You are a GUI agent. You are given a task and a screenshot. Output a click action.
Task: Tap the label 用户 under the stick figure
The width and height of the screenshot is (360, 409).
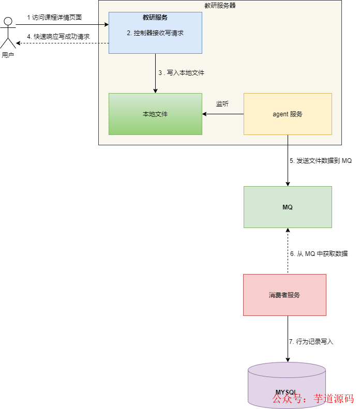tap(8, 55)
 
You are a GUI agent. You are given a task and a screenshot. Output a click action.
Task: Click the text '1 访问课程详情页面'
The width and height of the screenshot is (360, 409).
tap(54, 17)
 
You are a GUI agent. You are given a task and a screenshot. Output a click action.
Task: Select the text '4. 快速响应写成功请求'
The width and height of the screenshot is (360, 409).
tap(58, 37)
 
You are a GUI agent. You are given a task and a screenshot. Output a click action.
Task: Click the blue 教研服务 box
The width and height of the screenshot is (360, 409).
tap(155, 44)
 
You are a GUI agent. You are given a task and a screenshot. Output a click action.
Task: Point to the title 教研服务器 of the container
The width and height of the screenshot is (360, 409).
tap(220, 6)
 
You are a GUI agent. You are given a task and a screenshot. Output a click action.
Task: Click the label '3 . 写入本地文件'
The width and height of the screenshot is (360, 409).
tap(181, 73)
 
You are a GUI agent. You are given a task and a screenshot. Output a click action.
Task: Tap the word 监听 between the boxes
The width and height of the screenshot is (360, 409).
tap(222, 104)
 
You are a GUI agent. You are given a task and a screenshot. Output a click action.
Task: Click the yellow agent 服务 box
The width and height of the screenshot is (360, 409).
tap(288, 114)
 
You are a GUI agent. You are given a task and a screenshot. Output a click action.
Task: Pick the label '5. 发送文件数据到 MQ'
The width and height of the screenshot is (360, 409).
tap(321, 161)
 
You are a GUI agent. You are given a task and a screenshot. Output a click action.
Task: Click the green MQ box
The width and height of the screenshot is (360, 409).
tap(288, 207)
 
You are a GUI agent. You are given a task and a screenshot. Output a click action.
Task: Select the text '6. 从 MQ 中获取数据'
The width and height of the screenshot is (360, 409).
tap(319, 254)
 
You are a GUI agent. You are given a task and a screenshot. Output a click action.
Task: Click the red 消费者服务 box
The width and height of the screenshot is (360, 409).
tap(284, 295)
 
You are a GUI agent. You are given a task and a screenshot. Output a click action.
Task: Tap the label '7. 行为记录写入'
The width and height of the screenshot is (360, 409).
tap(311, 342)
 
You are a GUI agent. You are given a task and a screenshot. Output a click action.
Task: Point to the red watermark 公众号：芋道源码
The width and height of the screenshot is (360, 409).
tap(313, 399)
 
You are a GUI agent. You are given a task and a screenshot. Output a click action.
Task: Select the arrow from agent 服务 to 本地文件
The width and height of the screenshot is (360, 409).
tap(222, 114)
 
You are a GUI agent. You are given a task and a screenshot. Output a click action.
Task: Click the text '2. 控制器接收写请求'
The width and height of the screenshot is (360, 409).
tap(155, 33)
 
